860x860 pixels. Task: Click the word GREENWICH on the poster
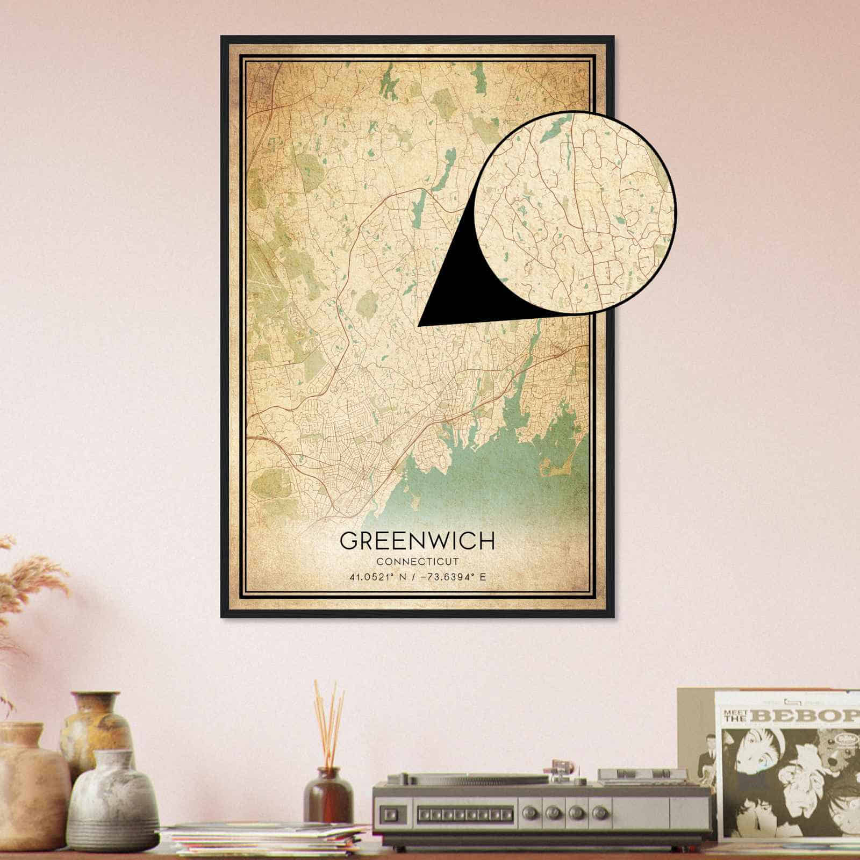pos(417,541)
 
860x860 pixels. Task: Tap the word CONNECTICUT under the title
pos(417,562)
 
